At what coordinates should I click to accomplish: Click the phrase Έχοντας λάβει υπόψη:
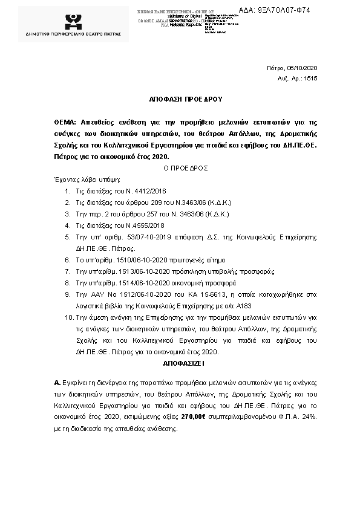pyautogui.click(x=87, y=180)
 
